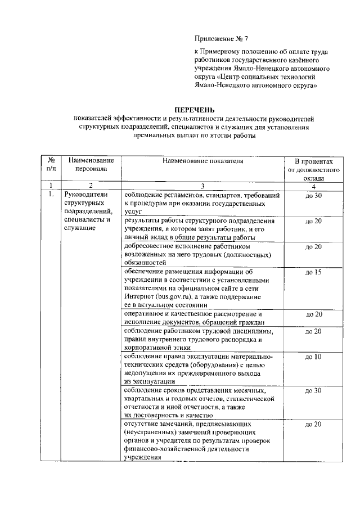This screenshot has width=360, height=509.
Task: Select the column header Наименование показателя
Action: [x=203, y=161]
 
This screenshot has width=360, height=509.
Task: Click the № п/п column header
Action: [x=51, y=164]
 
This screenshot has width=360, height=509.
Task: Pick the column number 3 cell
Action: [x=203, y=186]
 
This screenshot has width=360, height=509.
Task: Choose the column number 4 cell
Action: [x=313, y=186]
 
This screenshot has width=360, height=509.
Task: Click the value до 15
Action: [x=313, y=272]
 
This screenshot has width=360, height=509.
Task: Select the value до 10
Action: [x=313, y=357]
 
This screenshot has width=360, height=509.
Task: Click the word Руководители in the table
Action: [x=84, y=195]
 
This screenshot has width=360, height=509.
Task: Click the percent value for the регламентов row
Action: [x=313, y=195]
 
